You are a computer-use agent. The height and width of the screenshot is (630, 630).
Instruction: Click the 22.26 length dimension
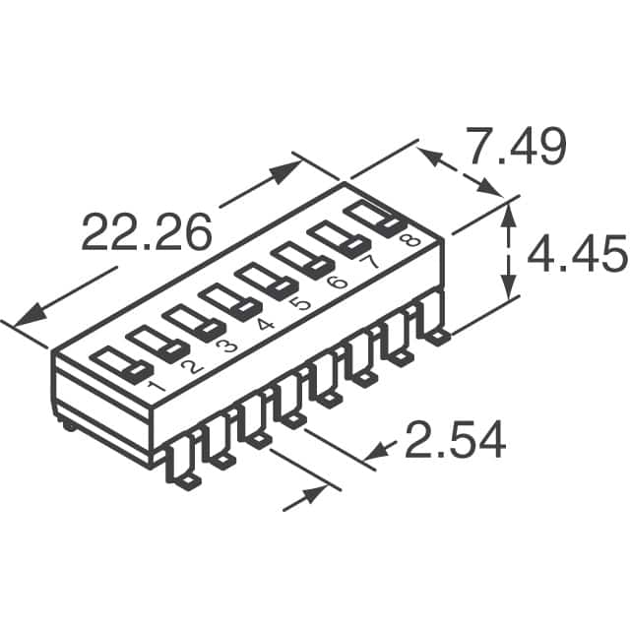147,231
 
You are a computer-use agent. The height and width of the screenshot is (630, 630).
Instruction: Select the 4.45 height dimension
578,254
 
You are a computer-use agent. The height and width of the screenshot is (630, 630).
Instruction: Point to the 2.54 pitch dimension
455,439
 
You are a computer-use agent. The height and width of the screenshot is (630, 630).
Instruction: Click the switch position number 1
156,387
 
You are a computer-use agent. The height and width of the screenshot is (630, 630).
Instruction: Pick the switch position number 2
193,367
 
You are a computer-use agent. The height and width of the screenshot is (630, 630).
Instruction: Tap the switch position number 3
227,345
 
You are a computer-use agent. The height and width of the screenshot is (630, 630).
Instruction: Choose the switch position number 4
265,324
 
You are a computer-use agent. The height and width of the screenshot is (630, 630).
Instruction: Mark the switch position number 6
337,282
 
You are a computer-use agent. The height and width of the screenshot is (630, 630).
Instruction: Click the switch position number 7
369,262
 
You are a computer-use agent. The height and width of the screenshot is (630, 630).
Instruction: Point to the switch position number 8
409,240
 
